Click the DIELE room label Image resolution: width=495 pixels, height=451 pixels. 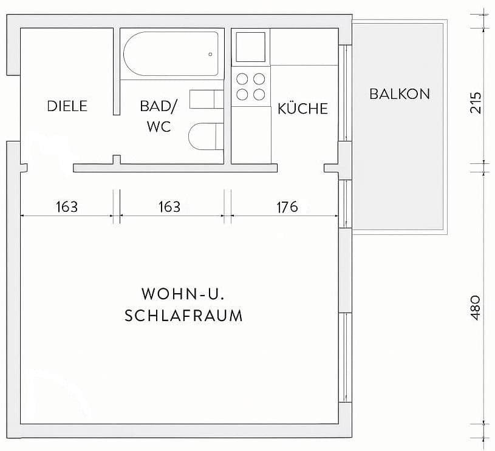(67, 106)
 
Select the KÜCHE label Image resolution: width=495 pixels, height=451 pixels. (302, 109)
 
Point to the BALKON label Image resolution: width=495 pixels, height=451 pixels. (399, 94)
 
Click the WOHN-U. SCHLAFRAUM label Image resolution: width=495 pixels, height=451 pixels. (183, 305)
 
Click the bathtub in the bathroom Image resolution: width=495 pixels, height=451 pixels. (171, 54)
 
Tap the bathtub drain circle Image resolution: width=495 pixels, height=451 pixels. (211, 55)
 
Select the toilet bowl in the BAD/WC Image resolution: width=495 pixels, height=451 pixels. (203, 135)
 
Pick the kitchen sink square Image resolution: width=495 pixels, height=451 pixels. (251, 46)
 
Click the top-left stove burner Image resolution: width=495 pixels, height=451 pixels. (242, 78)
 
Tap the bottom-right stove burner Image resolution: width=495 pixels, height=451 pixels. (259, 94)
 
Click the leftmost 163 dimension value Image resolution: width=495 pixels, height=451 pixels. (66, 207)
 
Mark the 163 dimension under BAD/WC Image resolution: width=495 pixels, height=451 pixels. (169, 207)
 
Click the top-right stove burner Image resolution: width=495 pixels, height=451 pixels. (259, 78)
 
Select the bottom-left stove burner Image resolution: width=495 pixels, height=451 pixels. (242, 94)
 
